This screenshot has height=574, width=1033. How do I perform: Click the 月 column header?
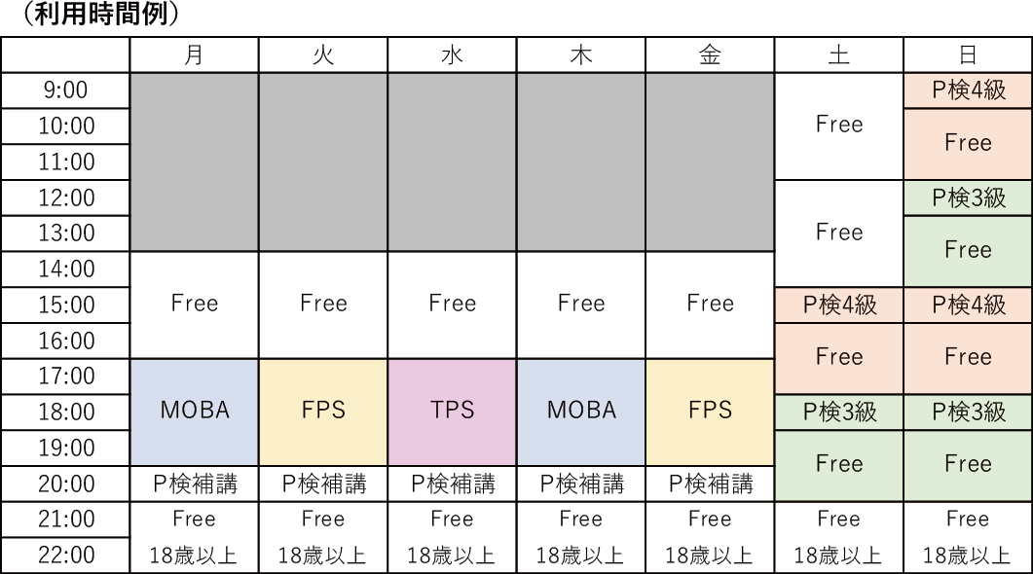pyautogui.click(x=194, y=55)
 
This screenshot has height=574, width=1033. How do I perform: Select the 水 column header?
pyautogui.click(x=452, y=55)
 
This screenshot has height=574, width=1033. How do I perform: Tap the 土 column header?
pyautogui.click(x=838, y=55)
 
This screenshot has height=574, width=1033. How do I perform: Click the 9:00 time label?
pyautogui.click(x=65, y=90)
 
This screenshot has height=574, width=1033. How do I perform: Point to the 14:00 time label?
pyautogui.click(x=65, y=269)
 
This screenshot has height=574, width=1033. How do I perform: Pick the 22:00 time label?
pyautogui.click(x=65, y=556)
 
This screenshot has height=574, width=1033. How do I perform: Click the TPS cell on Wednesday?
pyautogui.click(x=452, y=411)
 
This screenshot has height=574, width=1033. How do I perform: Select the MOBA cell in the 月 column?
pyautogui.click(x=194, y=411)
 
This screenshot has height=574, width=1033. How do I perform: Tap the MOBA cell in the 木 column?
pyautogui.click(x=581, y=411)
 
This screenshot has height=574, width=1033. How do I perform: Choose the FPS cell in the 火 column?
pyautogui.click(x=323, y=411)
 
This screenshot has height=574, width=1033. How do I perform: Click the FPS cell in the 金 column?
pyautogui.click(x=710, y=411)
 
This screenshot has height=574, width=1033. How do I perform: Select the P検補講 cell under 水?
pyautogui.click(x=452, y=484)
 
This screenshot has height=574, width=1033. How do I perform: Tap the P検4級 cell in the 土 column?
pyautogui.click(x=838, y=305)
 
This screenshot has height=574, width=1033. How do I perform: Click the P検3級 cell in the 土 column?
pyautogui.click(x=838, y=412)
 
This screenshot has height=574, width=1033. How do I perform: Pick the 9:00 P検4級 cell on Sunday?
pyautogui.click(x=968, y=90)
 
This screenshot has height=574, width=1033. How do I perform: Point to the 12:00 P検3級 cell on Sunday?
pyautogui.click(x=968, y=197)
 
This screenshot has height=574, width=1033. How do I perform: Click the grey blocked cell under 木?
pyautogui.click(x=581, y=161)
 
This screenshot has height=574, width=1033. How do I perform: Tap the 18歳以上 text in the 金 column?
pyautogui.click(x=710, y=556)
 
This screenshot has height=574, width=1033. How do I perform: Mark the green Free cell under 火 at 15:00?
pyautogui.click(x=323, y=305)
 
